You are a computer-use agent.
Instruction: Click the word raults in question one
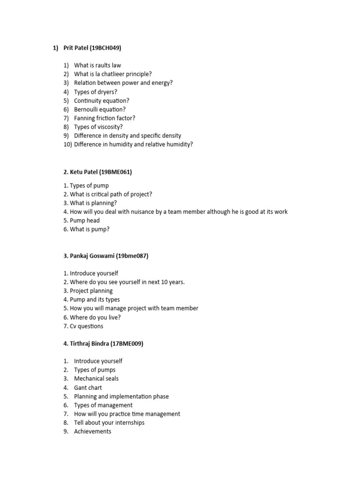[103, 65]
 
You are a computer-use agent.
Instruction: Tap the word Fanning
[85, 118]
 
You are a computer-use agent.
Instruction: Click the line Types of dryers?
[96, 92]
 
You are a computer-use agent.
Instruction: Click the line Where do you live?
[95, 317]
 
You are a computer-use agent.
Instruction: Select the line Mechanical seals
[96, 379]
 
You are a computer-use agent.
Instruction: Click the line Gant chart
[88, 388]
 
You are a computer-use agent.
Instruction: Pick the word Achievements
[93, 431]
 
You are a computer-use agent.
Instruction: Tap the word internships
[128, 423]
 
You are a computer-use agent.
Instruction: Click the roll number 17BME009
[127, 344]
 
